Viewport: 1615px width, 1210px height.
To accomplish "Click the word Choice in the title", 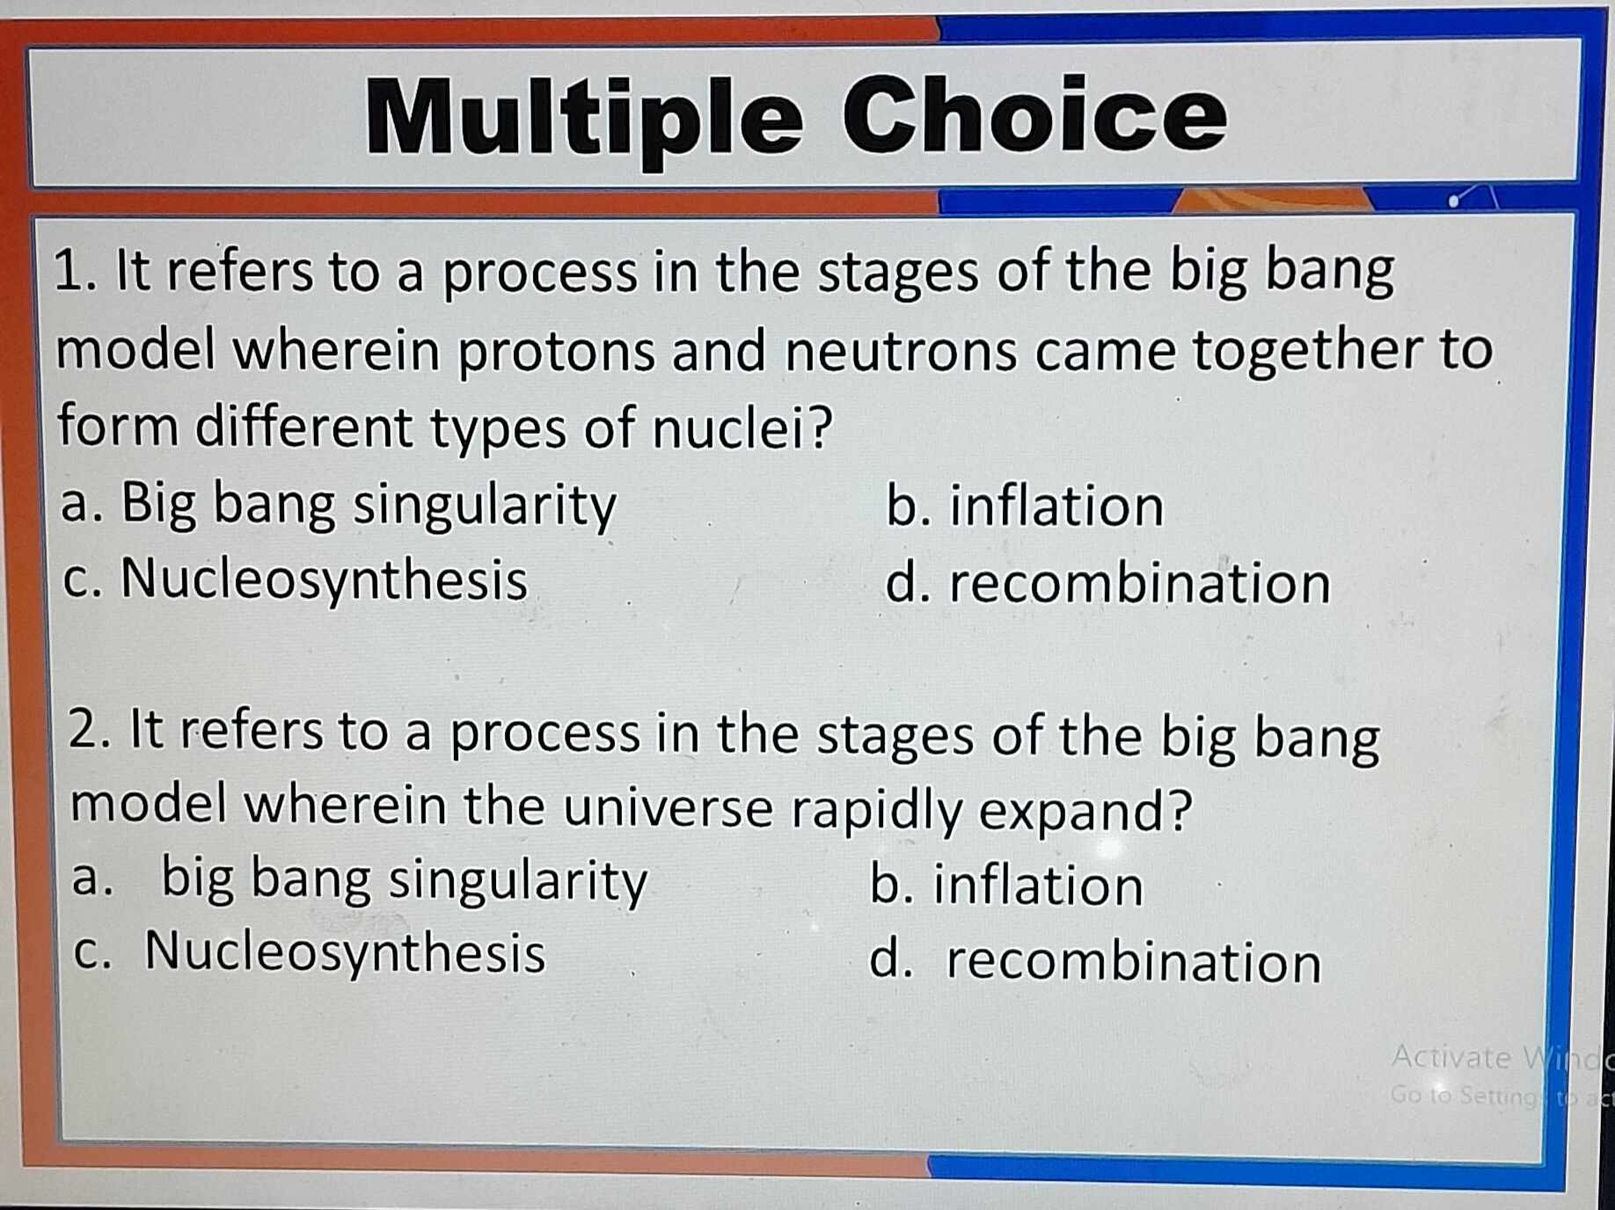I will (1034, 115).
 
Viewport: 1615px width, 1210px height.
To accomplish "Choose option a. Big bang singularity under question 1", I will (338, 506).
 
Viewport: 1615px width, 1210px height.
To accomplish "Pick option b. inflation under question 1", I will (1024, 507).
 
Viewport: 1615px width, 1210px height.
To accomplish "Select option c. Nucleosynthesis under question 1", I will (296, 581).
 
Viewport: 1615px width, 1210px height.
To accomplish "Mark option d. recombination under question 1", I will (1107, 583).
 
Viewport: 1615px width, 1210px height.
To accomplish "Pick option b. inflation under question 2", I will (1006, 885).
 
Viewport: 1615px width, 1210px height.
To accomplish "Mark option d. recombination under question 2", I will (1095, 961).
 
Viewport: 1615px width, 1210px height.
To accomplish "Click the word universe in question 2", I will (668, 806).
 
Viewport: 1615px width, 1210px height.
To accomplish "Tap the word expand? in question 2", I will (1085, 810).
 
